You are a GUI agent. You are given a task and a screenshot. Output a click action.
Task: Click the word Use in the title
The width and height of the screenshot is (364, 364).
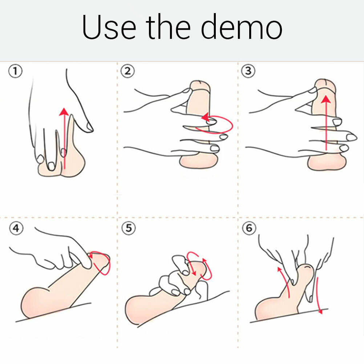(109, 27)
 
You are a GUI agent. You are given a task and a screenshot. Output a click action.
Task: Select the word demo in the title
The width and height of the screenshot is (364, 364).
(242, 27)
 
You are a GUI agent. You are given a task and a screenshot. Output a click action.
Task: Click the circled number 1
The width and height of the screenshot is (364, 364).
(16, 71)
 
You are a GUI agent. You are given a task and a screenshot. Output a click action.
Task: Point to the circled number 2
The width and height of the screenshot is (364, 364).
(128, 71)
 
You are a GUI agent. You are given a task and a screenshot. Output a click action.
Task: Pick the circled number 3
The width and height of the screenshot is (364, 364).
(248, 70)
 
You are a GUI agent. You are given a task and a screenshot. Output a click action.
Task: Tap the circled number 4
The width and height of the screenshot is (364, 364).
(16, 228)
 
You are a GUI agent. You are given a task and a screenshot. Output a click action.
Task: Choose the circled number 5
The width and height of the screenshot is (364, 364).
(129, 228)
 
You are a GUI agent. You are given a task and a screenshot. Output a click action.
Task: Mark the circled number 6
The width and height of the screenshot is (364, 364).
(249, 228)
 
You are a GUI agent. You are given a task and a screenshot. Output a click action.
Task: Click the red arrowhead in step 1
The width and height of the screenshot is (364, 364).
(64, 112)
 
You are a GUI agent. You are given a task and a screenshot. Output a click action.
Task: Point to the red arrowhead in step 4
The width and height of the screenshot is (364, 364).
(90, 256)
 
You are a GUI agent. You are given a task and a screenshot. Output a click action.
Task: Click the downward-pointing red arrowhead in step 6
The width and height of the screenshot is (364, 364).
(321, 311)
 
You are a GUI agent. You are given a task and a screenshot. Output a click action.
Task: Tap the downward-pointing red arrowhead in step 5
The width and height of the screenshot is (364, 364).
(194, 273)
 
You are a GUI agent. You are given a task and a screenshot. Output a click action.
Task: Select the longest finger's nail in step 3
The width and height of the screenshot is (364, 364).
(351, 137)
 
